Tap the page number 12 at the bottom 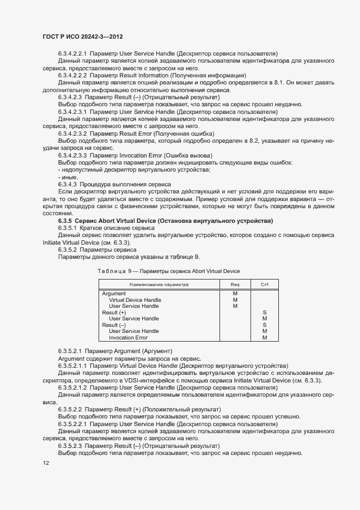[x=46, y=463]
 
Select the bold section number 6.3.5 [x=66, y=220]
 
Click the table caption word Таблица [x=111, y=271]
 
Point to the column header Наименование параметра [x=158, y=284]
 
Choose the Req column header [x=235, y=284]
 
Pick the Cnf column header [x=265, y=284]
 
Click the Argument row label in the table [x=114, y=294]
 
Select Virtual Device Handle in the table [x=135, y=300]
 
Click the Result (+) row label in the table [x=114, y=312]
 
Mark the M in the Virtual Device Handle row [x=235, y=300]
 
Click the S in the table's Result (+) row [x=265, y=312]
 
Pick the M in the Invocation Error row [x=265, y=337]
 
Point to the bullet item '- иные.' [x=66, y=177]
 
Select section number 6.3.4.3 [x=70, y=184]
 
